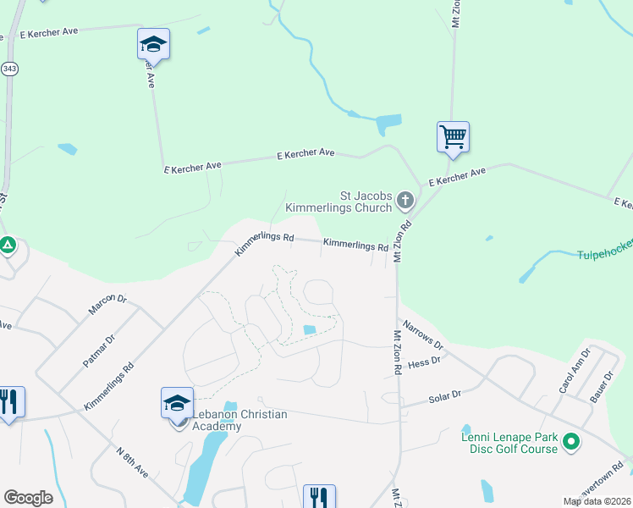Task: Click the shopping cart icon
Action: click(454, 136)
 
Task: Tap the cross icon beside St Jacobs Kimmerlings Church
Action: click(405, 201)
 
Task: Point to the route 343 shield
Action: click(9, 69)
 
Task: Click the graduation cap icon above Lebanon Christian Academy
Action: click(178, 402)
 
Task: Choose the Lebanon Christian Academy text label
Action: click(240, 420)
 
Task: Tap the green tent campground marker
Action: click(8, 246)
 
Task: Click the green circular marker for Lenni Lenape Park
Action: click(571, 441)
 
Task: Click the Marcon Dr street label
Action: click(107, 305)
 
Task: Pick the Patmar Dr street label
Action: click(98, 351)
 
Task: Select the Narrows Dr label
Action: click(422, 334)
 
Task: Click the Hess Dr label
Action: click(424, 362)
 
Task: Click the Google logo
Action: click(28, 498)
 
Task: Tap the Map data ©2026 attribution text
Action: click(597, 501)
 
